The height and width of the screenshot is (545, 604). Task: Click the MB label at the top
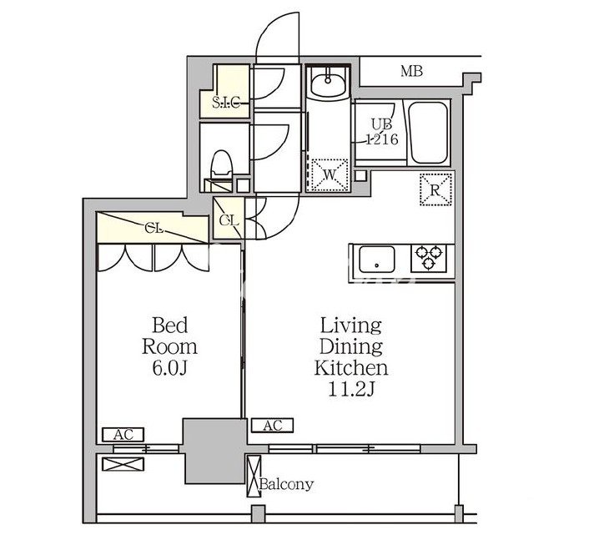tap(410, 72)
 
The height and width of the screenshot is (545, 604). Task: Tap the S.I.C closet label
tap(226, 103)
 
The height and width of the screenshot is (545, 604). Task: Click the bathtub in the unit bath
tap(428, 130)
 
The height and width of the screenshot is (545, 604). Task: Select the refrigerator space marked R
tap(435, 189)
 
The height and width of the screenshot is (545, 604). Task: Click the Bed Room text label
tap(169, 335)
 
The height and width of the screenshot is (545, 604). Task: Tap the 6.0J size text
tap(169, 366)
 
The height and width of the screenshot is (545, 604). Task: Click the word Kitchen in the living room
tap(350, 366)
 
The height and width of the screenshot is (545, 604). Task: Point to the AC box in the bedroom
tap(123, 434)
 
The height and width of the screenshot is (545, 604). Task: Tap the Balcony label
tap(286, 484)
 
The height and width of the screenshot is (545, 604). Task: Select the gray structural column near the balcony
tap(214, 450)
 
